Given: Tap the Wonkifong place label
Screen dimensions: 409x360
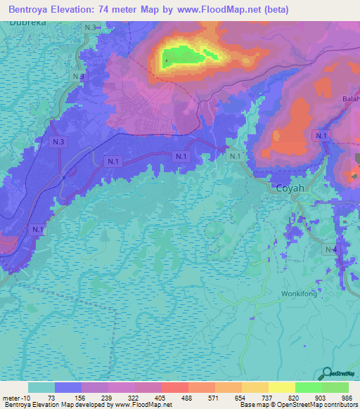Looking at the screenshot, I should click(x=300, y=294).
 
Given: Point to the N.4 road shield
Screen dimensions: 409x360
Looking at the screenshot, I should click(x=331, y=249).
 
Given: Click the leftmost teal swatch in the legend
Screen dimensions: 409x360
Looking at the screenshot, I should click(x=41, y=387).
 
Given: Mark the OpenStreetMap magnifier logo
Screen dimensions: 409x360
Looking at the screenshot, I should click(x=326, y=374).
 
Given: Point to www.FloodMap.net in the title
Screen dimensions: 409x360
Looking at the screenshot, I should click(x=215, y=11).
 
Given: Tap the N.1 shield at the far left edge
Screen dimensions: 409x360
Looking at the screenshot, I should click(x=37, y=229).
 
